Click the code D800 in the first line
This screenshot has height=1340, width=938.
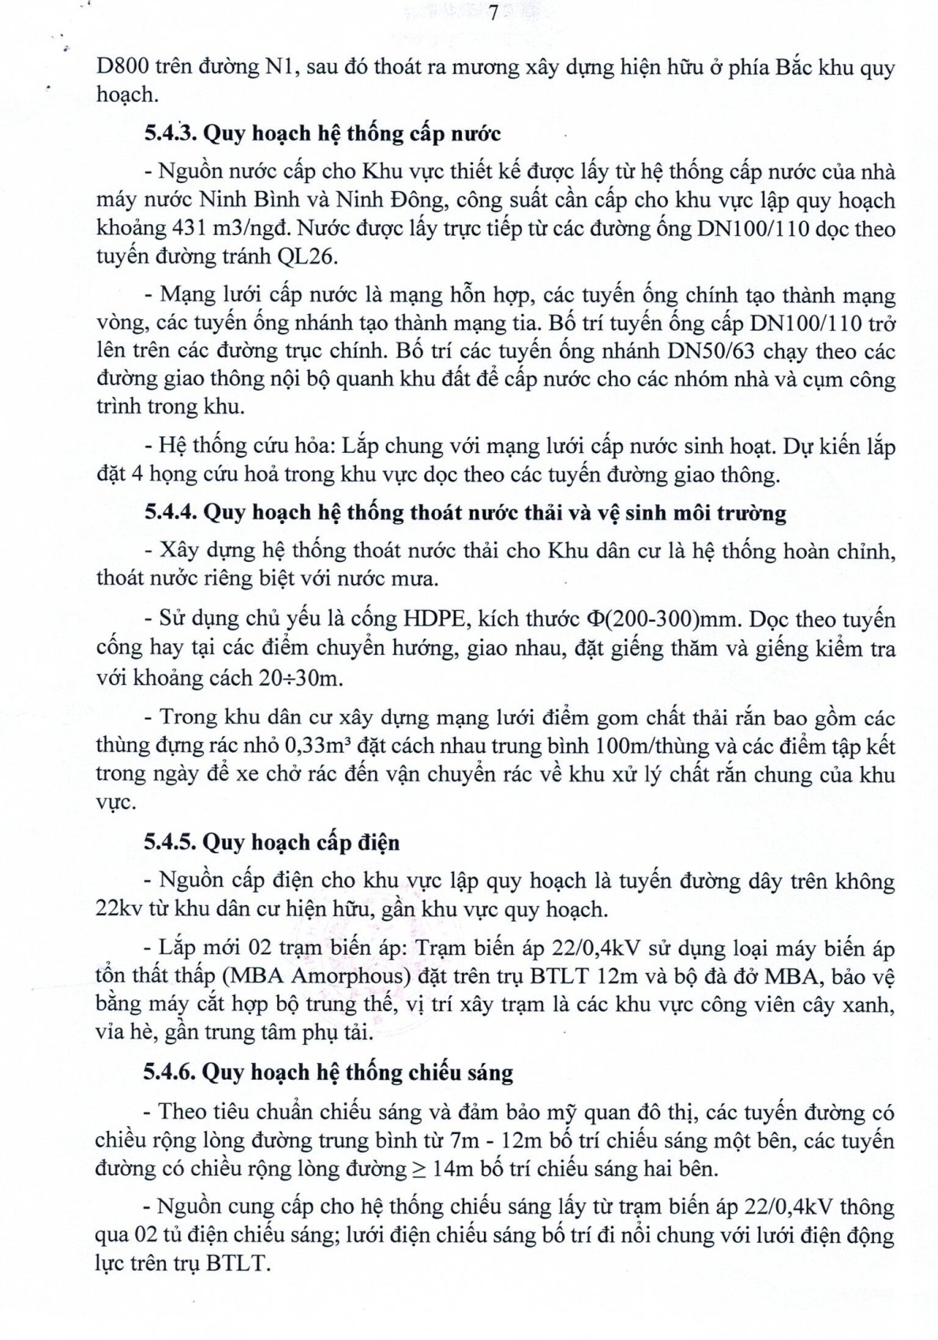click(119, 67)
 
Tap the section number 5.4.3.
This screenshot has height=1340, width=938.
click(171, 133)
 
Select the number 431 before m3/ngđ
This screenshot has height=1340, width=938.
click(188, 229)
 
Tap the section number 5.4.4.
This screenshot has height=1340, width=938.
click(171, 513)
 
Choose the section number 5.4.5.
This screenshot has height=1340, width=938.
click(171, 843)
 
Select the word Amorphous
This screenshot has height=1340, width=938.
click(341, 976)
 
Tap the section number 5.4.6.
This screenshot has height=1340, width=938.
click(170, 1072)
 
